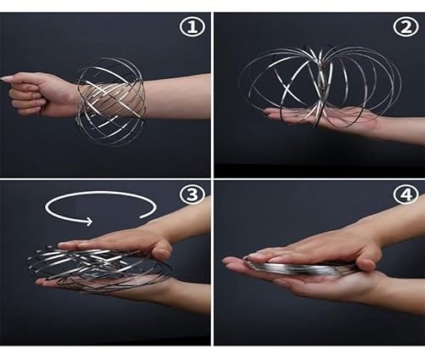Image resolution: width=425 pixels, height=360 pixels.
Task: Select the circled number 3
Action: pyautogui.click(x=193, y=194)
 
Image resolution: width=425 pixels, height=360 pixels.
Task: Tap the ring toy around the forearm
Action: pyautogui.click(x=110, y=100)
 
